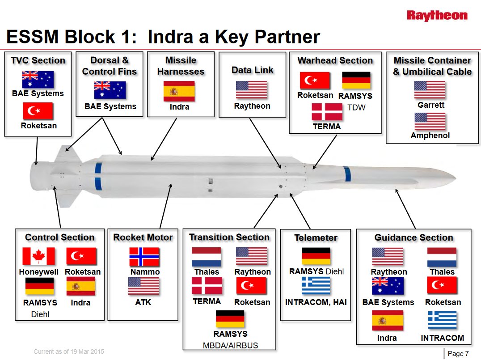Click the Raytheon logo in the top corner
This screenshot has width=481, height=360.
click(437, 16)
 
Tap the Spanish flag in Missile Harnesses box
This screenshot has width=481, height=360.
click(179, 91)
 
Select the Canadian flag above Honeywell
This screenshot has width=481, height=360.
click(38, 256)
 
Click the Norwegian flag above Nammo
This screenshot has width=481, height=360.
click(144, 256)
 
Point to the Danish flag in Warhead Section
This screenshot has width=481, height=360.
click(327, 112)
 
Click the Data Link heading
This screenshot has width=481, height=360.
click(252, 70)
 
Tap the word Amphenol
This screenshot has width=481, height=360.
click(430, 135)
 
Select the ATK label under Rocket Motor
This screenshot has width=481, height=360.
click(143, 302)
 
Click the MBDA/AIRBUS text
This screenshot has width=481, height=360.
click(230, 345)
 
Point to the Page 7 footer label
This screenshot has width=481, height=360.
click(458, 354)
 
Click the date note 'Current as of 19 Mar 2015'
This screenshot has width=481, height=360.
click(69, 352)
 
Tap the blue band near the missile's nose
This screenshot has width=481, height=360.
click(347, 173)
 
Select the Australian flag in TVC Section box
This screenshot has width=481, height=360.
click(38, 80)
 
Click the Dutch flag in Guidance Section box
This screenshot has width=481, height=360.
click(442, 257)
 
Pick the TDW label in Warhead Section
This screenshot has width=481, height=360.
click(356, 107)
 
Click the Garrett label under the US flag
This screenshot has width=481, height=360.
click(430, 106)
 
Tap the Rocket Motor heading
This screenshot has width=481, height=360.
click(143, 237)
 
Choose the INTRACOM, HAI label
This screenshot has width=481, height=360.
click(315, 302)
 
